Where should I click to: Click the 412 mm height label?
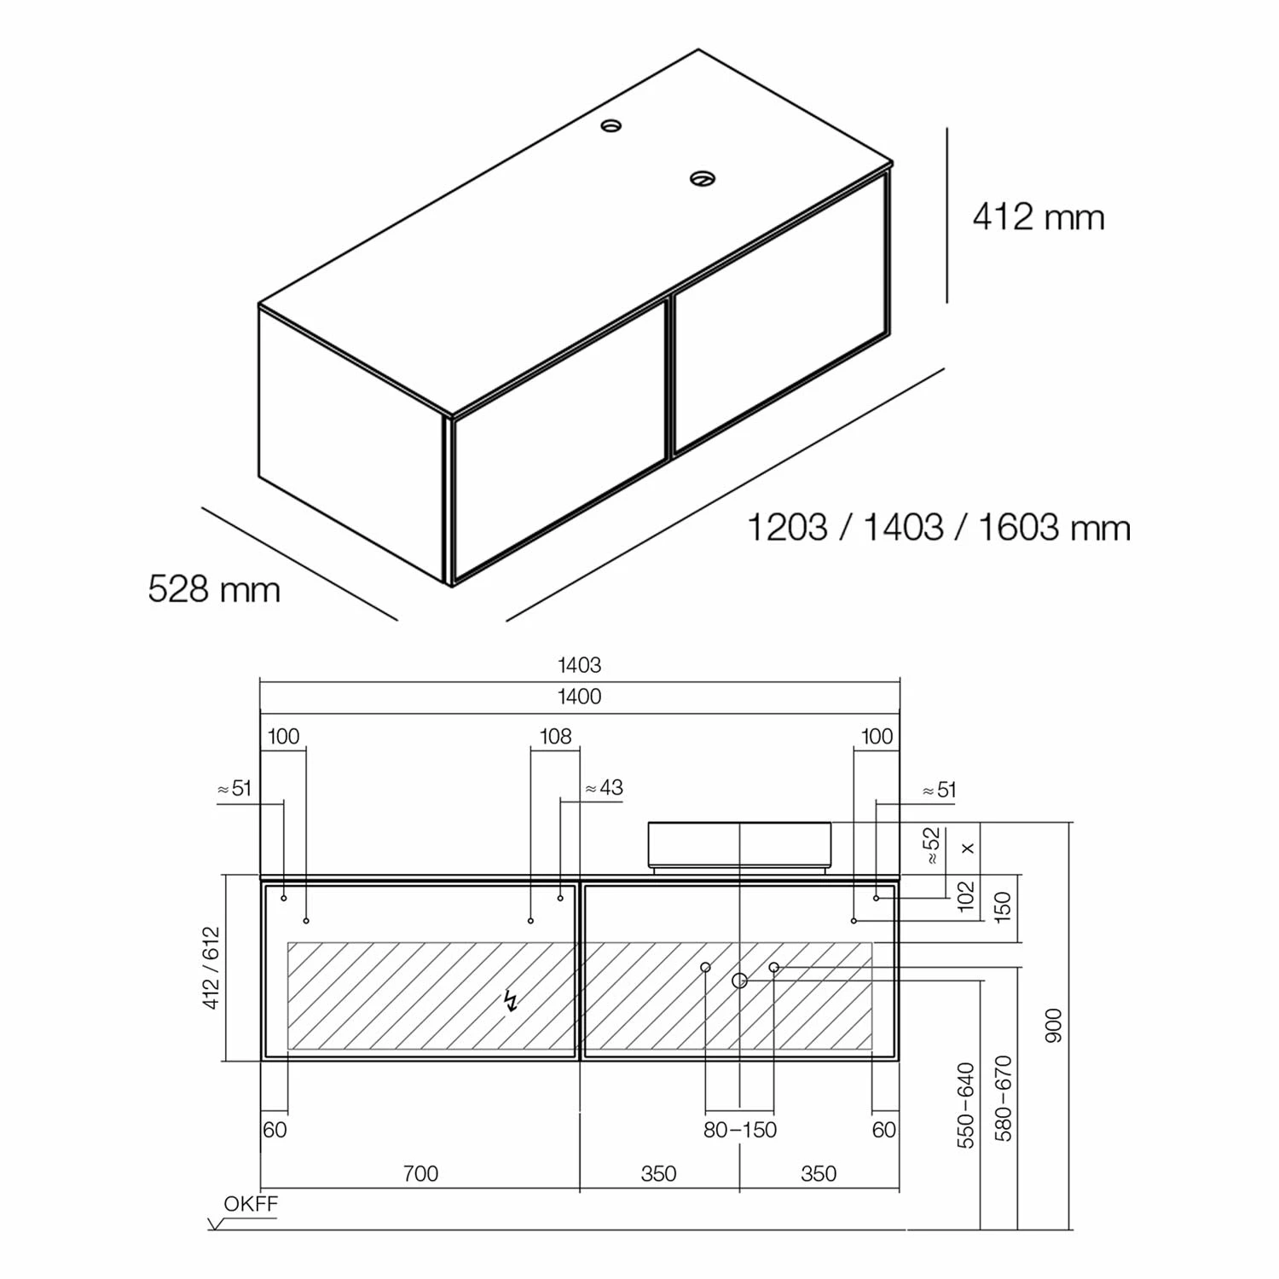coord(1039,217)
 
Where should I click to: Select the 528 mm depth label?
coord(214,589)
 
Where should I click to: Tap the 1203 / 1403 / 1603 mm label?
coord(939,528)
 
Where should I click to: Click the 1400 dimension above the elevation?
coord(580,697)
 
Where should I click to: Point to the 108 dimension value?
coord(556,736)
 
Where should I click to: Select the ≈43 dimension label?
coord(605,787)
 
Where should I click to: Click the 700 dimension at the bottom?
coord(420,1173)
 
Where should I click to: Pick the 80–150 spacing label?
coord(740,1130)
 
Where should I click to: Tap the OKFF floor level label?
coord(251,1204)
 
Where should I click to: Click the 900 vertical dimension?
coord(1054,1026)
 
